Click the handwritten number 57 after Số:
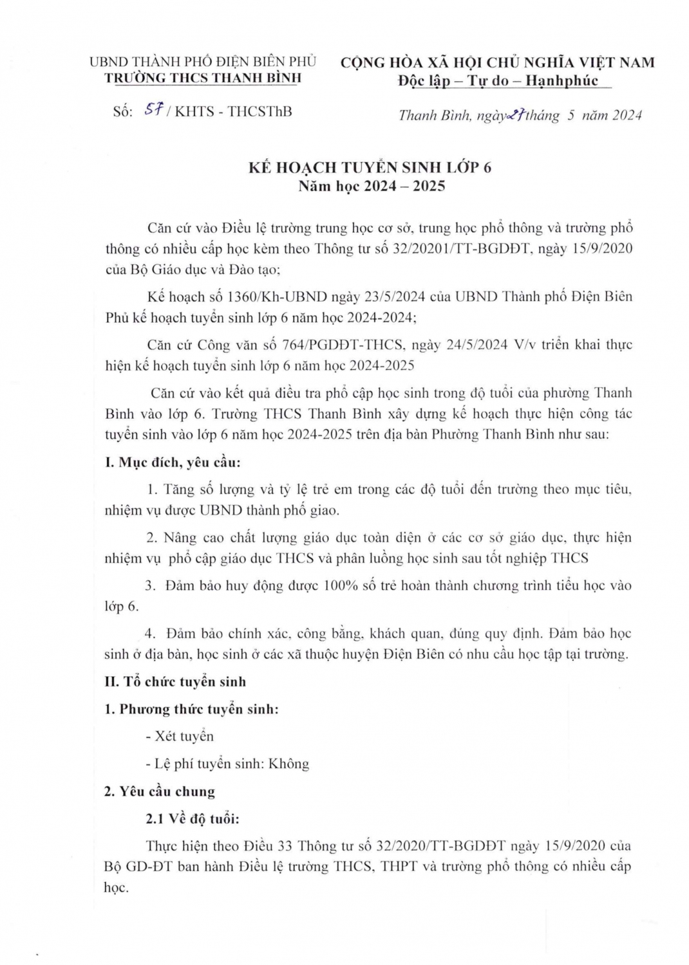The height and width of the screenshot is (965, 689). [152, 111]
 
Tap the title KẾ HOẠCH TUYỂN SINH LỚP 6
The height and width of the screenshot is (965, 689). [370, 167]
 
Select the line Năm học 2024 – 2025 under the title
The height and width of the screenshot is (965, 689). [372, 187]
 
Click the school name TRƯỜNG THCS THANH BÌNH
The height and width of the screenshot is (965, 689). [203, 78]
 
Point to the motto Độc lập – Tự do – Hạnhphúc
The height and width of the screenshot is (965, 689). [498, 81]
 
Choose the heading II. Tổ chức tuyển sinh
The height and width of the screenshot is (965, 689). [175, 682]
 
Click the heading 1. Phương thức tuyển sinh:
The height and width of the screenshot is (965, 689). [191, 710]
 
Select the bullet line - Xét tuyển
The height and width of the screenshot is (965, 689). [180, 737]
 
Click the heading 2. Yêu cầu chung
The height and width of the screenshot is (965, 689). [160, 792]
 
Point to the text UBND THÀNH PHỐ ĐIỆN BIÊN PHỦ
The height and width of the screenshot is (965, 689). [203, 62]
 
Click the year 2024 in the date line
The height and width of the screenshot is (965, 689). [627, 116]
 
